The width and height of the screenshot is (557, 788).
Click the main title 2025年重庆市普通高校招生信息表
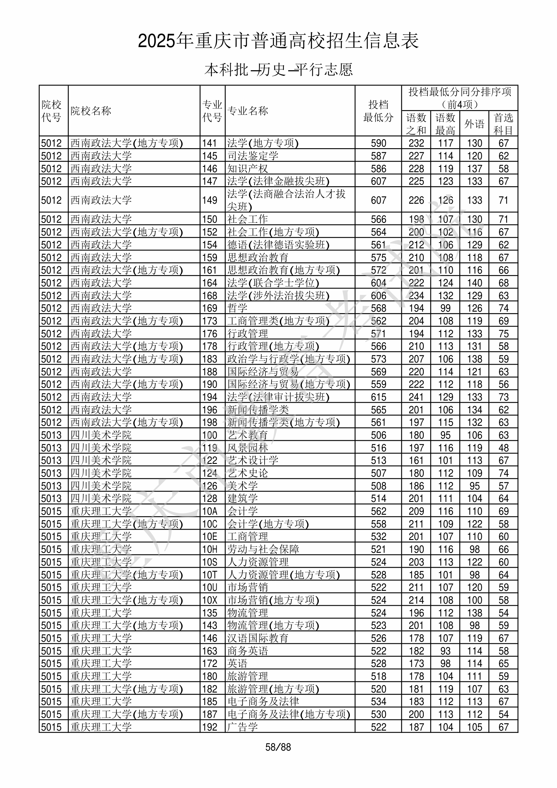[278, 41]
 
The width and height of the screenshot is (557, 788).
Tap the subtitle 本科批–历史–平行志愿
[278, 70]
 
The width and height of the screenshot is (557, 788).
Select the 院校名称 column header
[91, 111]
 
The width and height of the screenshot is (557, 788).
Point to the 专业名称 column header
[247, 111]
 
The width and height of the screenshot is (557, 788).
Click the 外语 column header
[474, 124]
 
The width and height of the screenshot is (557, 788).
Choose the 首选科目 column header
[503, 124]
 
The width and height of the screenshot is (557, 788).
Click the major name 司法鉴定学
[253, 156]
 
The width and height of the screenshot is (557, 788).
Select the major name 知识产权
[247, 168]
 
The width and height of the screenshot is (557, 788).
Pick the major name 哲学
[237, 308]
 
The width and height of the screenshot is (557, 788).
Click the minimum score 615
[379, 397]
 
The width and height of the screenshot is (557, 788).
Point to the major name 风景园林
[247, 448]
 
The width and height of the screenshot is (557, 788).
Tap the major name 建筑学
[242, 498]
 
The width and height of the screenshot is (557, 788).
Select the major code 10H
[210, 549]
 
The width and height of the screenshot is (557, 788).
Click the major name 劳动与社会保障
[263, 549]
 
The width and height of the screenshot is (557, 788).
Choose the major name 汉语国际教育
[258, 638]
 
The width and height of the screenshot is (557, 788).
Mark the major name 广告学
[242, 727]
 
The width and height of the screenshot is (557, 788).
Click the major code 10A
[210, 511]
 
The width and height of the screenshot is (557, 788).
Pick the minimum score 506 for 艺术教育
[379, 435]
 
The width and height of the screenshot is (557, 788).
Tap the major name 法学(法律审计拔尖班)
[278, 397]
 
